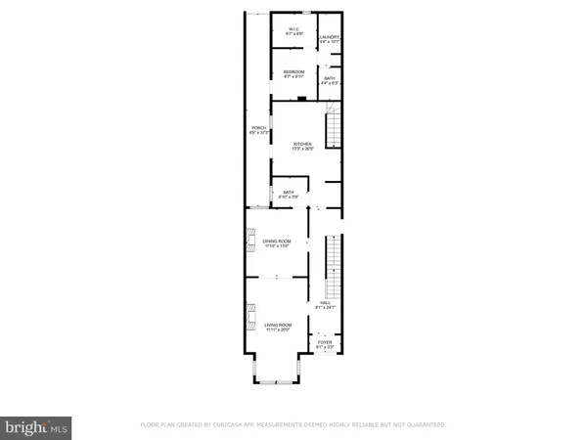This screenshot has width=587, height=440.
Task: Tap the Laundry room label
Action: click(329, 39)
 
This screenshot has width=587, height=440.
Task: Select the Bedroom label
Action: click(294, 72)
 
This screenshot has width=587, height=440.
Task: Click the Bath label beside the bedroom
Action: click(330, 80)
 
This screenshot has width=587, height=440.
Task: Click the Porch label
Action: click(259, 130)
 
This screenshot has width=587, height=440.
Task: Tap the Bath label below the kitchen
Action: click(289, 194)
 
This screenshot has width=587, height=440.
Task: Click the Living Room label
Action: click(278, 326)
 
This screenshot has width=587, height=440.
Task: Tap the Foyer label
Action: click(325, 343)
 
